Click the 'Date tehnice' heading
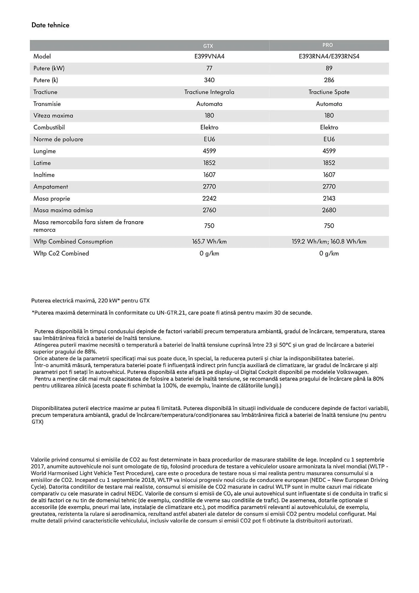(x=50, y=25)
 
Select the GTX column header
(x=208, y=46)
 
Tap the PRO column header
(x=327, y=45)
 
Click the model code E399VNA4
(x=209, y=56)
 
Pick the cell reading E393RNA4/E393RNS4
(x=329, y=56)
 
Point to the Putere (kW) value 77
(x=209, y=68)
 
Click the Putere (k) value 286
(x=329, y=80)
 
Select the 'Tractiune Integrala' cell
(x=209, y=92)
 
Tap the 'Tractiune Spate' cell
(x=329, y=92)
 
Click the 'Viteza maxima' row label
(x=53, y=116)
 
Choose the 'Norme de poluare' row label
(x=58, y=139)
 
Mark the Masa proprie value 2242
(x=209, y=198)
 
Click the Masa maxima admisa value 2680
(x=329, y=210)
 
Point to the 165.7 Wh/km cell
(x=209, y=242)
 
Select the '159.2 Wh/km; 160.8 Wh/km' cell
(x=329, y=242)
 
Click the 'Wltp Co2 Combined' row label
(x=61, y=254)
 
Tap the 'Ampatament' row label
(x=51, y=187)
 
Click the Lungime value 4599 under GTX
(x=209, y=151)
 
